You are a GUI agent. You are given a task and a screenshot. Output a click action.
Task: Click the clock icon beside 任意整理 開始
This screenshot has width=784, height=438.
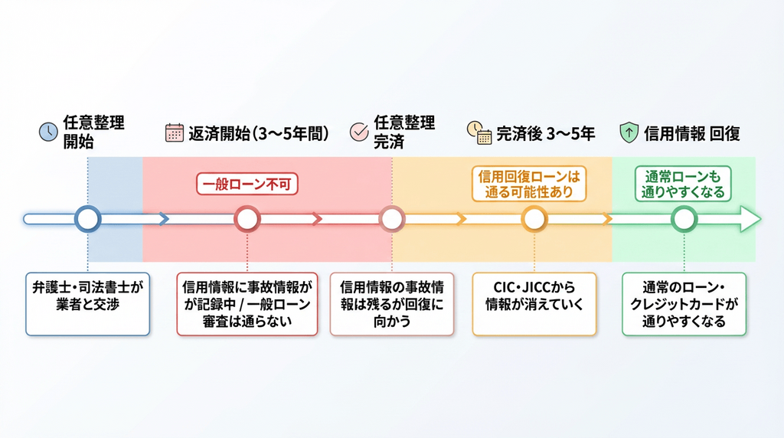coord(48,132)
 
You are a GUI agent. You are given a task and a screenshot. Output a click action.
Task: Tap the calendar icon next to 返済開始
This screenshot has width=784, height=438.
coord(175,132)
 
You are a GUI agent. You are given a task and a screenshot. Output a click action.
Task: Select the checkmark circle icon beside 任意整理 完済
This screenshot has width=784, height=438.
coord(358,131)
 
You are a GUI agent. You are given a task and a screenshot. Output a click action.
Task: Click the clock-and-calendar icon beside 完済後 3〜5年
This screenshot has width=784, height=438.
coord(479,132)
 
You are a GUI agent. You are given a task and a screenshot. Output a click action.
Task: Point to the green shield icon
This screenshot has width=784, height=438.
coord(628,132)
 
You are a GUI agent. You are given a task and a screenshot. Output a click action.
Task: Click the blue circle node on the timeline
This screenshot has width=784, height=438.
coord(88,219)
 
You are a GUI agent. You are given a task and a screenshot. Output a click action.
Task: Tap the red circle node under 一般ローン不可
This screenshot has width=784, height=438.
coord(247,219)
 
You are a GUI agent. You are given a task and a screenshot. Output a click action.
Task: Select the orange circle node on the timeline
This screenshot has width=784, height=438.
coord(534,219)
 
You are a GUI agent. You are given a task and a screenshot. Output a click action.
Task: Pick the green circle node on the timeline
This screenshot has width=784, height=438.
coord(684,219)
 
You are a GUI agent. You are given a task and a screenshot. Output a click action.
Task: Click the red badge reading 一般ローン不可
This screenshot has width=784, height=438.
coord(247,185)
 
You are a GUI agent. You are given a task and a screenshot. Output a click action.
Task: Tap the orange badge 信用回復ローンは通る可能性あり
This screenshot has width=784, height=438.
coord(528,184)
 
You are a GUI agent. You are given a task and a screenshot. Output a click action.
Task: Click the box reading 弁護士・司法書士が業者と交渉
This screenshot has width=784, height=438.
coord(87,304)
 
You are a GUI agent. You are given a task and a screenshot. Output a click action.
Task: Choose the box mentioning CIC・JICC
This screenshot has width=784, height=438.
coord(534,304)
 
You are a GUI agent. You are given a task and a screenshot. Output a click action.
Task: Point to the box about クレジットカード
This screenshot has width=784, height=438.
coord(684,304)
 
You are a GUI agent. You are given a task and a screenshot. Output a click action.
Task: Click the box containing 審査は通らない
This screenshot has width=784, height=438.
coord(247,304)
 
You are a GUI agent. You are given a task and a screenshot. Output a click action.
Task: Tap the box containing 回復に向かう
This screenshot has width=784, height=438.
coord(391,304)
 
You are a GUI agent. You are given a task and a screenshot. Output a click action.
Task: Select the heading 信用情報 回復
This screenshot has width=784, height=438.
coord(691,132)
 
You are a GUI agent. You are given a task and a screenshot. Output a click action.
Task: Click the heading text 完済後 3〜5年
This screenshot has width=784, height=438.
coord(545,132)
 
